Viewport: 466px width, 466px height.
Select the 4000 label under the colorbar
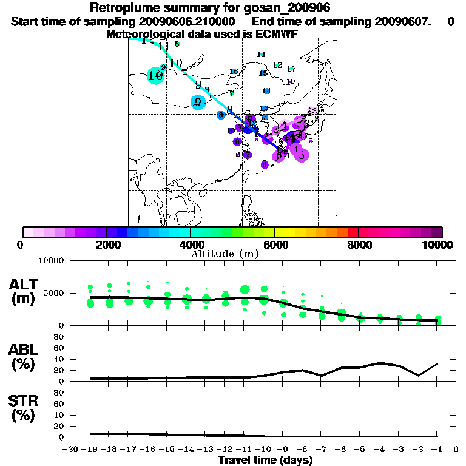[191, 245]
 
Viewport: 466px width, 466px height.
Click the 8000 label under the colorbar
[359, 245]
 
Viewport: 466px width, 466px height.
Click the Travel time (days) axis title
[266, 460]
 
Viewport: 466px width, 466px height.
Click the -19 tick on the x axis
[90, 449]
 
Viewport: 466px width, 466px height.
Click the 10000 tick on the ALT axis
[51, 261]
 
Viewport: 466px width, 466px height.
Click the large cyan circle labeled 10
[155, 76]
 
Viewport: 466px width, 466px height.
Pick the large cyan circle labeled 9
[198, 102]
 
